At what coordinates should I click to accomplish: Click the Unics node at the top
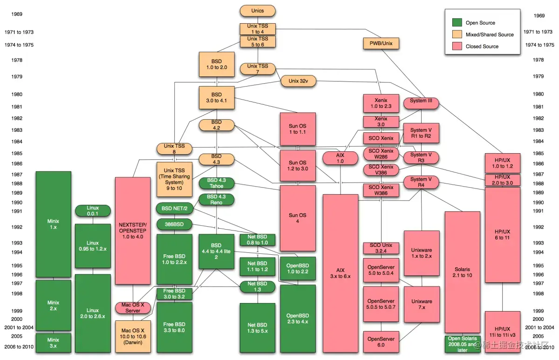(x=258, y=11)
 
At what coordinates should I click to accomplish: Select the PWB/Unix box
(x=381, y=43)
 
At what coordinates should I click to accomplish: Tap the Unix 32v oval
(x=298, y=81)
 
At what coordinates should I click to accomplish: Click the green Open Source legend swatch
(x=457, y=22)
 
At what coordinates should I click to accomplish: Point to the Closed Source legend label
(x=482, y=47)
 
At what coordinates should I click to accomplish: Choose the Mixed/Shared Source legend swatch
(x=457, y=34)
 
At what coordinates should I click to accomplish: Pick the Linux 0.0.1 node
(x=93, y=211)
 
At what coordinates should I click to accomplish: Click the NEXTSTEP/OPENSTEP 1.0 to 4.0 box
(x=133, y=231)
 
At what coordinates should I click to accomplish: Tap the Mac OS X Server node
(x=133, y=308)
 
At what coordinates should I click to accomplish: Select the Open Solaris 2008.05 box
(x=463, y=344)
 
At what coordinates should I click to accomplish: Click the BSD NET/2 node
(x=175, y=208)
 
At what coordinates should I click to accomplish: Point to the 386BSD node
(x=175, y=224)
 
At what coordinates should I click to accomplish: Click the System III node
(x=421, y=101)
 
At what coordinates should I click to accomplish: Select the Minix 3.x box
(x=54, y=342)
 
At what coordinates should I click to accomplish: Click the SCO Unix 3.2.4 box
(x=381, y=248)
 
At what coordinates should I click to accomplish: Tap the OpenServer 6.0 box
(x=381, y=342)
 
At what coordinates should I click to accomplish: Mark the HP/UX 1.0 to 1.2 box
(x=502, y=163)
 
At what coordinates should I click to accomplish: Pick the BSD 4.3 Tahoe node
(x=216, y=183)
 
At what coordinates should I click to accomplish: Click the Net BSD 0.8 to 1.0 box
(x=258, y=240)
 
